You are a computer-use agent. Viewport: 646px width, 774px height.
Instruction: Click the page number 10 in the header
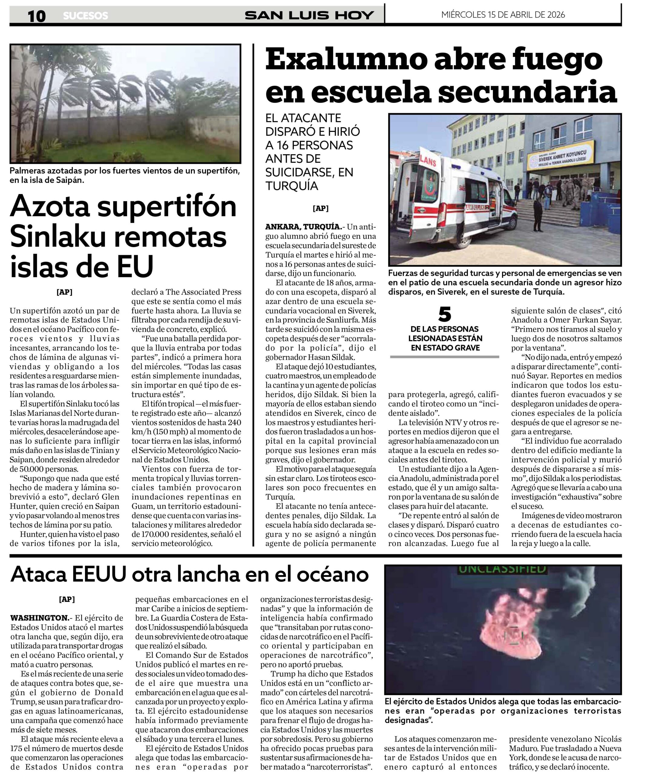pos(37,15)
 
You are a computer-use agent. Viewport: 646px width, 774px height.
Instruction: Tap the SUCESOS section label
pos(86,16)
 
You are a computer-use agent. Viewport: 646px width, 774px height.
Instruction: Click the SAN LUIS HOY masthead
pos(309,15)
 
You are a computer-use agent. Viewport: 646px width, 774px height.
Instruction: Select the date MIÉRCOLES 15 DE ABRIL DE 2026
pos(503,15)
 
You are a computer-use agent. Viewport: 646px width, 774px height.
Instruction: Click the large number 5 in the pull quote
pos(444,314)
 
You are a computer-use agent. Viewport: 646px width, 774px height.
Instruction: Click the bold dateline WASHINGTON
pos(39,618)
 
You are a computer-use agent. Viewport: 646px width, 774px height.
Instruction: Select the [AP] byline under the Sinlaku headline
pos(64,292)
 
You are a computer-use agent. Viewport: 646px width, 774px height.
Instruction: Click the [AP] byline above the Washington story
pos(67,599)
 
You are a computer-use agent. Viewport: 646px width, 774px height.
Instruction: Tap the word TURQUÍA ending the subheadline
pos(291,186)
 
